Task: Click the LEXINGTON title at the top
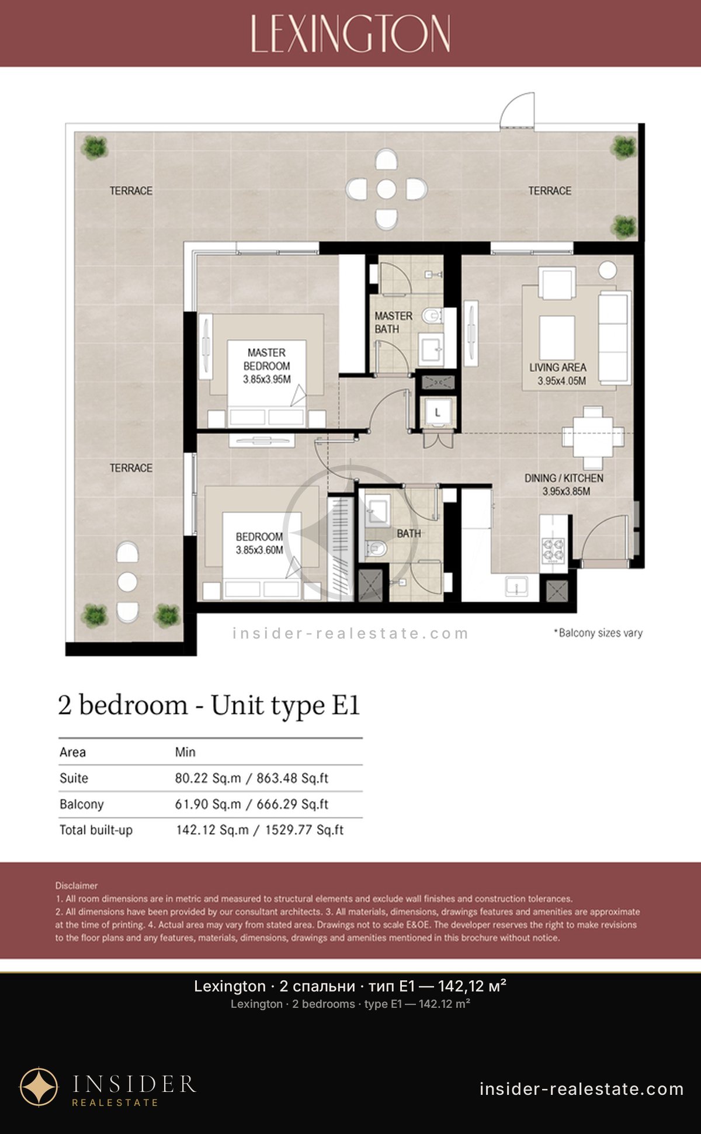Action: click(350, 33)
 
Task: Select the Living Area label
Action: click(558, 367)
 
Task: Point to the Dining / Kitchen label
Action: click(564, 478)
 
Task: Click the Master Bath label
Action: click(393, 322)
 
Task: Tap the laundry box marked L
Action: click(438, 413)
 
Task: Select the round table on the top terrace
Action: click(386, 189)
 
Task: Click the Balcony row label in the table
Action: click(82, 804)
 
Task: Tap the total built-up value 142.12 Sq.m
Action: click(212, 830)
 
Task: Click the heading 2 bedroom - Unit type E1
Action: click(209, 705)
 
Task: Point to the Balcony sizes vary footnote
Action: click(598, 633)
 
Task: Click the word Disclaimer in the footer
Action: click(77, 886)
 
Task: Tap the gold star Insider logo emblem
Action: click(39, 1087)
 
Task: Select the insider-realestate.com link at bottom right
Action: click(581, 1089)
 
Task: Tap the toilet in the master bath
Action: click(432, 315)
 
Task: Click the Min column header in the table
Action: click(185, 752)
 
